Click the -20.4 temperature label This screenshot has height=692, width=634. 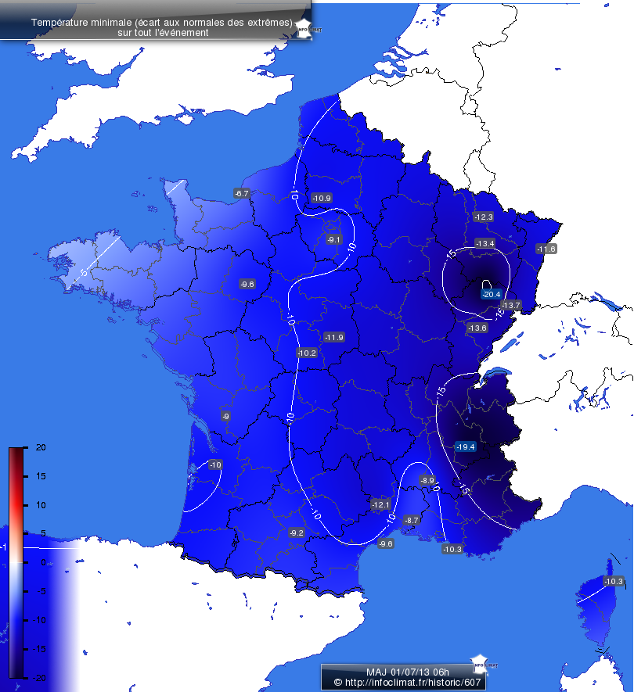(491, 294)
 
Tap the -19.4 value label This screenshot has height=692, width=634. (465, 446)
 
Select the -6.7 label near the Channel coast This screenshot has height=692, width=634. (241, 193)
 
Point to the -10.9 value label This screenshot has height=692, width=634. (322, 198)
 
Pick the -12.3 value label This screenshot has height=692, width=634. (484, 217)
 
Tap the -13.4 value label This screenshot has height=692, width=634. (485, 244)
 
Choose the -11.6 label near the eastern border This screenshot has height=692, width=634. (546, 249)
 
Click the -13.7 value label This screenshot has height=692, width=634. (511, 305)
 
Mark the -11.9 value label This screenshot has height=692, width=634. (333, 337)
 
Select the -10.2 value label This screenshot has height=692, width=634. (307, 353)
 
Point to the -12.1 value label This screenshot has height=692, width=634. (380, 504)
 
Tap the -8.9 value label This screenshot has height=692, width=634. (427, 480)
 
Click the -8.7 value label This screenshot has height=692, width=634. (412, 520)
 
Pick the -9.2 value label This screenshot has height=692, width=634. (297, 532)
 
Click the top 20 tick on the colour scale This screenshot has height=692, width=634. (29, 447)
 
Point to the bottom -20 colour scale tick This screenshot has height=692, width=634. (29, 677)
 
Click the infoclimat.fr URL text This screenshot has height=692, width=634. (406, 683)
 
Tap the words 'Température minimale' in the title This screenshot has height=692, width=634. (81, 23)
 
